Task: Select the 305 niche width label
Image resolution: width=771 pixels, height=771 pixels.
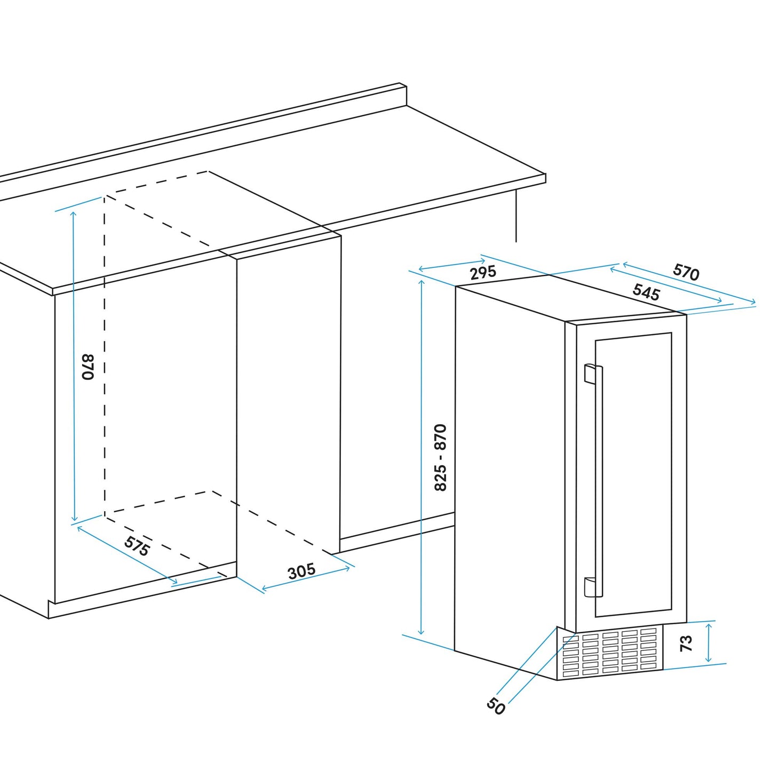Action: tap(301, 571)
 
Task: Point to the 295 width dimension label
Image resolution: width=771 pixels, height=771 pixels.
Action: tap(483, 273)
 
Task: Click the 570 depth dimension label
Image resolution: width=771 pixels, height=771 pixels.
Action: tap(686, 272)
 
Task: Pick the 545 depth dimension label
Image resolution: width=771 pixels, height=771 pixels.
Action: tap(646, 292)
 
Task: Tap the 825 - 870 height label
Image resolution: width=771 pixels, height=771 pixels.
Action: tap(440, 457)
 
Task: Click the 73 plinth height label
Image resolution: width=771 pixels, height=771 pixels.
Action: tap(686, 643)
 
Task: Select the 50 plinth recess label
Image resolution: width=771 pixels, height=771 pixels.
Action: tap(496, 706)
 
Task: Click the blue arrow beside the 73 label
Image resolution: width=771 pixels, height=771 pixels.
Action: tap(709, 643)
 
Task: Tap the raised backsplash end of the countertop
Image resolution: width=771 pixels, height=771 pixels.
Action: tap(403, 95)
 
